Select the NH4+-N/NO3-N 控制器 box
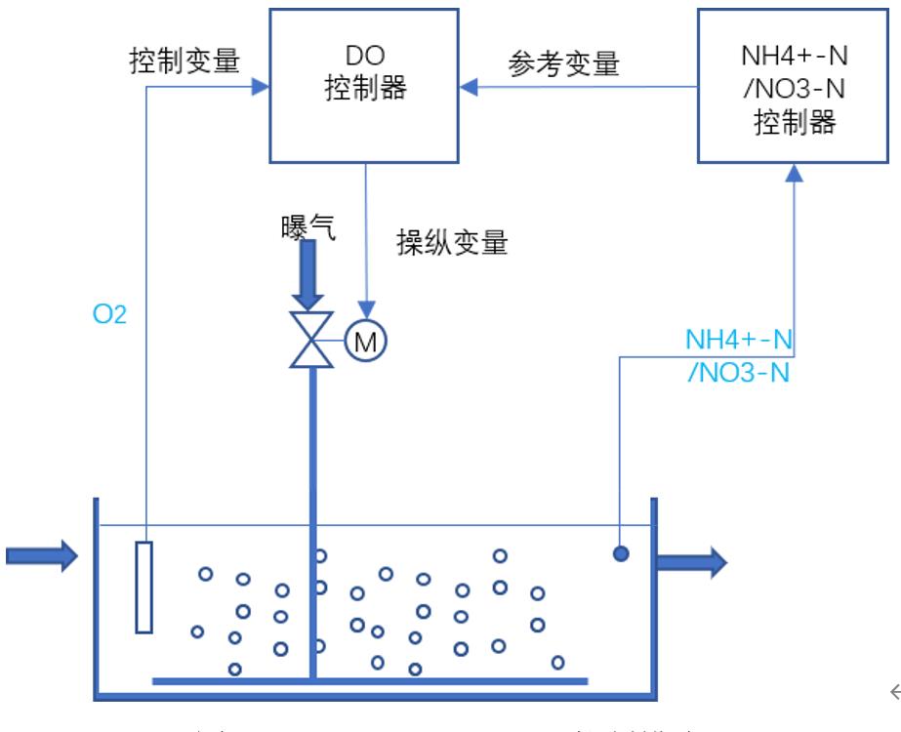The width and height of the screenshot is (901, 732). pyautogui.click(x=796, y=85)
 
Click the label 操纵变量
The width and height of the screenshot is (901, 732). pyautogui.click(x=452, y=242)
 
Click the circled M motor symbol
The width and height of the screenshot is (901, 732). pyautogui.click(x=365, y=341)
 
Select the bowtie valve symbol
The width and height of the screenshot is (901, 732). pyautogui.click(x=312, y=341)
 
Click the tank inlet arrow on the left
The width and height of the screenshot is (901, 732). pyautogui.click(x=41, y=557)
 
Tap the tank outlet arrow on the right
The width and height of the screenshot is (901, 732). pyautogui.click(x=690, y=561)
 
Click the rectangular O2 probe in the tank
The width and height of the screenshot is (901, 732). pyautogui.click(x=144, y=587)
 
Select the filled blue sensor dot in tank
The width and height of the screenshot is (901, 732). pyautogui.click(x=620, y=553)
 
